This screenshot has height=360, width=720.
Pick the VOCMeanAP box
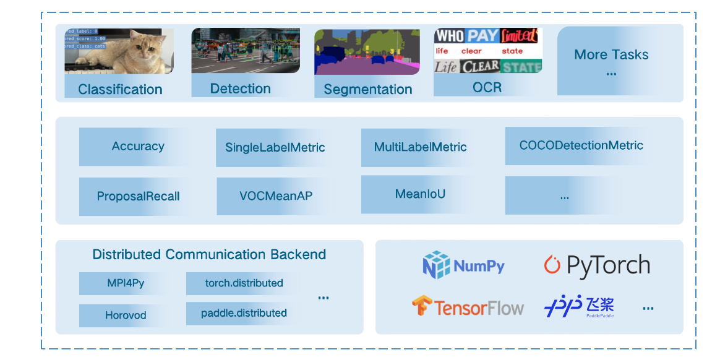tap(276, 196)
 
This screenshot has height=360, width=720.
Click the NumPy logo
tap(463, 266)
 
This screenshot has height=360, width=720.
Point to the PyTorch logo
tap(597, 265)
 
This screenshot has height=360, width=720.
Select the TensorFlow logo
tap(468, 307)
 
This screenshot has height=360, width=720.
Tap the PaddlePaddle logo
tap(579, 306)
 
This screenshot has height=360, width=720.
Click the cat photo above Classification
tap(119, 51)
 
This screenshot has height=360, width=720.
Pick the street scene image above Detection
tap(246, 51)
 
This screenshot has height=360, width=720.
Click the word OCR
tap(487, 87)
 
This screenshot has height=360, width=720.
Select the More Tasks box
tap(611, 61)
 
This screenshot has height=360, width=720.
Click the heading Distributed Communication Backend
tap(209, 254)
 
